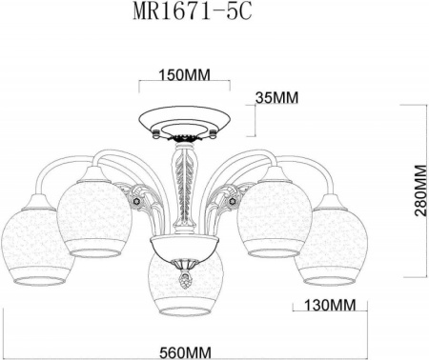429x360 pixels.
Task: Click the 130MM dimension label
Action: [320, 306]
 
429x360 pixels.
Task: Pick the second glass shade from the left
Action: [92, 214]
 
